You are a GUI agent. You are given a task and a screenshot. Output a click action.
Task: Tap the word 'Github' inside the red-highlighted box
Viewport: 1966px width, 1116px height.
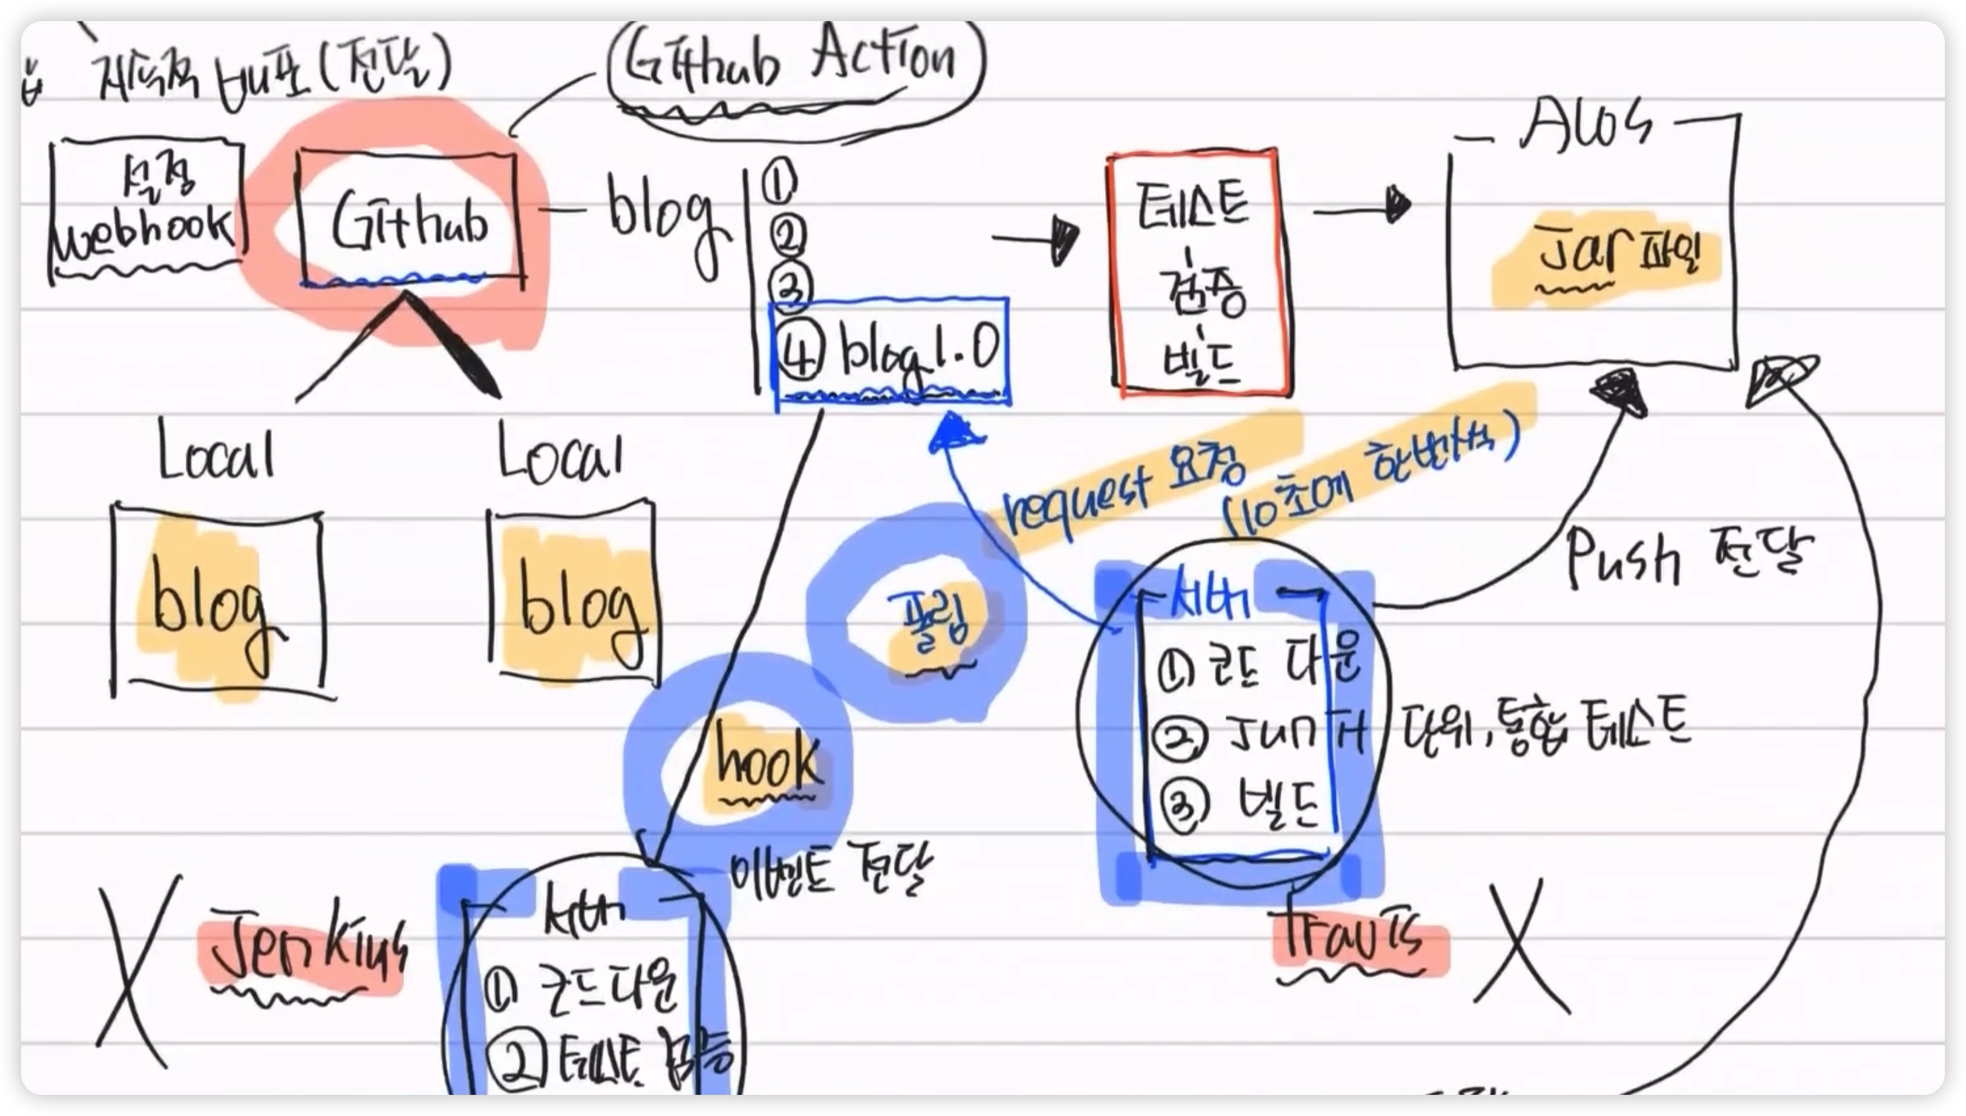[410, 222]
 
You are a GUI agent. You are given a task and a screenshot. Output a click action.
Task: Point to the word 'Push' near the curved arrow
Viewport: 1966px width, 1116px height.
[1621, 560]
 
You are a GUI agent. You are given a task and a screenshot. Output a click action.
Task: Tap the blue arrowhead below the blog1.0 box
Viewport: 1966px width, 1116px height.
[954, 433]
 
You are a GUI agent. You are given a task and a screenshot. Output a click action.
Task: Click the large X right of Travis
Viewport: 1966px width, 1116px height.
[1518, 951]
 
